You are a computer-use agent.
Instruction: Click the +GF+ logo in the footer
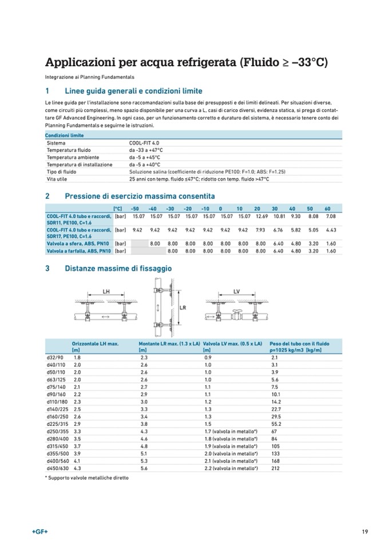39,532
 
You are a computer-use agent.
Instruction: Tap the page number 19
365,532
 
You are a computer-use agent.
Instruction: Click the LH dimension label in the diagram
106,291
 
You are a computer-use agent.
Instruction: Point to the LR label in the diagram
183,307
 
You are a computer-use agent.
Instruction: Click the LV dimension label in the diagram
236,291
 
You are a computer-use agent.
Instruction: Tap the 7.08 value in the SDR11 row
330,217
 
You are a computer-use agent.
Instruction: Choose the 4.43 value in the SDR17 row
330,230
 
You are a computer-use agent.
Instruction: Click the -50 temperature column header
134,208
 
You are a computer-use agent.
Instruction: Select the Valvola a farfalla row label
78,251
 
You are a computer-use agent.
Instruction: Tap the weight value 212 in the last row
274,469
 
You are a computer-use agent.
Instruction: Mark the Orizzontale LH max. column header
95,343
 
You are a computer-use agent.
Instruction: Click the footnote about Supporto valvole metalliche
86,477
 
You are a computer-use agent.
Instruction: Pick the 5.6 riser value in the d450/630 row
144,469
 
